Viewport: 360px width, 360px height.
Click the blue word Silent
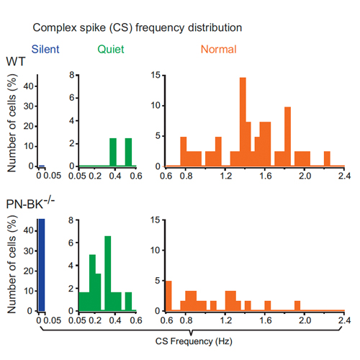[x=45, y=50]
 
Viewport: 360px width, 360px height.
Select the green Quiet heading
[x=111, y=50]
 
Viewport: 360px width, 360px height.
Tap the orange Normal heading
[x=219, y=50]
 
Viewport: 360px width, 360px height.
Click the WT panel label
[x=16, y=61]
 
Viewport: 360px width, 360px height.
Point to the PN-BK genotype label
[x=30, y=203]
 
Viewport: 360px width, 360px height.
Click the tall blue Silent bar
[x=41, y=265]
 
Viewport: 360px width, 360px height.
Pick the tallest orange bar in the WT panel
[x=243, y=122]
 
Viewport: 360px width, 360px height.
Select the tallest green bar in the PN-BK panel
[x=108, y=274]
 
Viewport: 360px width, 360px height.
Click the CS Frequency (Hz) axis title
[x=194, y=341]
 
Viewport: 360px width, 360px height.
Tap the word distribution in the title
[x=215, y=27]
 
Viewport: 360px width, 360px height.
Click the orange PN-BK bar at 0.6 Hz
[x=168, y=296]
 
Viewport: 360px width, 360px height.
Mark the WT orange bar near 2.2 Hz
[x=327, y=158]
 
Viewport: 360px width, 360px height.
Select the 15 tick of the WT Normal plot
[x=156, y=76]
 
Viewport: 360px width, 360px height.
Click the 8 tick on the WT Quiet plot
[x=72, y=75]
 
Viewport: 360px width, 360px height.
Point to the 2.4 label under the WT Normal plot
[x=344, y=176]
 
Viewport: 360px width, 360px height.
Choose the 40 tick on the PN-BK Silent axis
[x=28, y=230]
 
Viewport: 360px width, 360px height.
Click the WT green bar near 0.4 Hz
[x=113, y=152]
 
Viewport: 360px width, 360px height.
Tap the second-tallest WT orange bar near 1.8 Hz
[x=287, y=137]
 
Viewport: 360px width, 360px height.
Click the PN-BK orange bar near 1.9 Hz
[x=297, y=306]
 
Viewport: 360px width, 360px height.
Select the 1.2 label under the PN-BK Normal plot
[x=226, y=320]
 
